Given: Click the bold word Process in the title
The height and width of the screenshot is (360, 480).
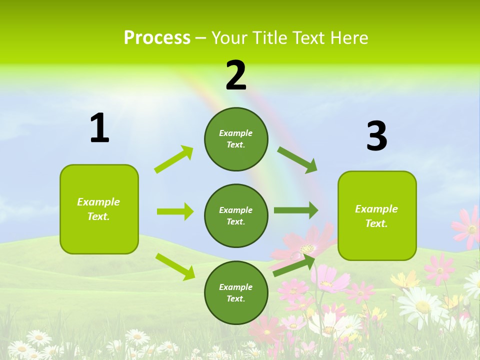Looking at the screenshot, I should pos(157,37).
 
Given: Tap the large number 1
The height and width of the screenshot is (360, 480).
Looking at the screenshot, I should pos(99,128).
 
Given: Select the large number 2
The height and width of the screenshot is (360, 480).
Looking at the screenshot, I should pos(236,76).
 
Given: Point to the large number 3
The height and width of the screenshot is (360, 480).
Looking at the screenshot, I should pos(376,136).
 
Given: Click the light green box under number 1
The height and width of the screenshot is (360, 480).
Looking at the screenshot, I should pos(99,209).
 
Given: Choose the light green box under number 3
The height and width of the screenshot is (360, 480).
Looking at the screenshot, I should pos(377,215).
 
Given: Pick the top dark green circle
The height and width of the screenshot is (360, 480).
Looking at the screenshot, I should pos(236,139).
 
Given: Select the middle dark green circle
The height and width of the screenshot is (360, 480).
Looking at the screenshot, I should pos(236,215).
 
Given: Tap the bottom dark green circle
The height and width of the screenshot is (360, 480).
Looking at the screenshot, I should pos(236,292).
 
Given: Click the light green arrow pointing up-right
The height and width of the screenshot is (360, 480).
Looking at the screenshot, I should pos(174,159).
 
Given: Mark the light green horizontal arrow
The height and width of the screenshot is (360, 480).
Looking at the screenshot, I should pos(175,211).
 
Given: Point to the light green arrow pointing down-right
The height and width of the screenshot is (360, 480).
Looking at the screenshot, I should pos(175,266).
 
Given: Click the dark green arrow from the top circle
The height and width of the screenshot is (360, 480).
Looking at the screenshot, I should pos(297,160).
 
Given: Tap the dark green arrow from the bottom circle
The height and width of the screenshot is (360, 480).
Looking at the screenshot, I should pos(294,265).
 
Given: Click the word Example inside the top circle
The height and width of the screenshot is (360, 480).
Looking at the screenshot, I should pos(236,133).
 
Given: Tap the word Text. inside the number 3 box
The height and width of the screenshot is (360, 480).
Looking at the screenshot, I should pos(376,223).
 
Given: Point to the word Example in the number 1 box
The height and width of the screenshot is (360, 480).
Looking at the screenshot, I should pos(98,202).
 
